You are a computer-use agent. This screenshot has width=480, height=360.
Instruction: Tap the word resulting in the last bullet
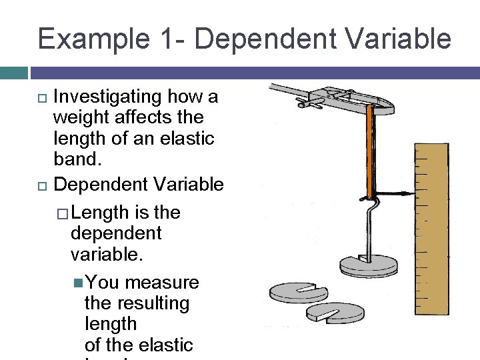tap(137, 303)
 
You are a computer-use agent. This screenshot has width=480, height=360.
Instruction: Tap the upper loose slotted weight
tap(298, 291)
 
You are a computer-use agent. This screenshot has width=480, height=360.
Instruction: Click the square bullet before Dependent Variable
tap(42, 185)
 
